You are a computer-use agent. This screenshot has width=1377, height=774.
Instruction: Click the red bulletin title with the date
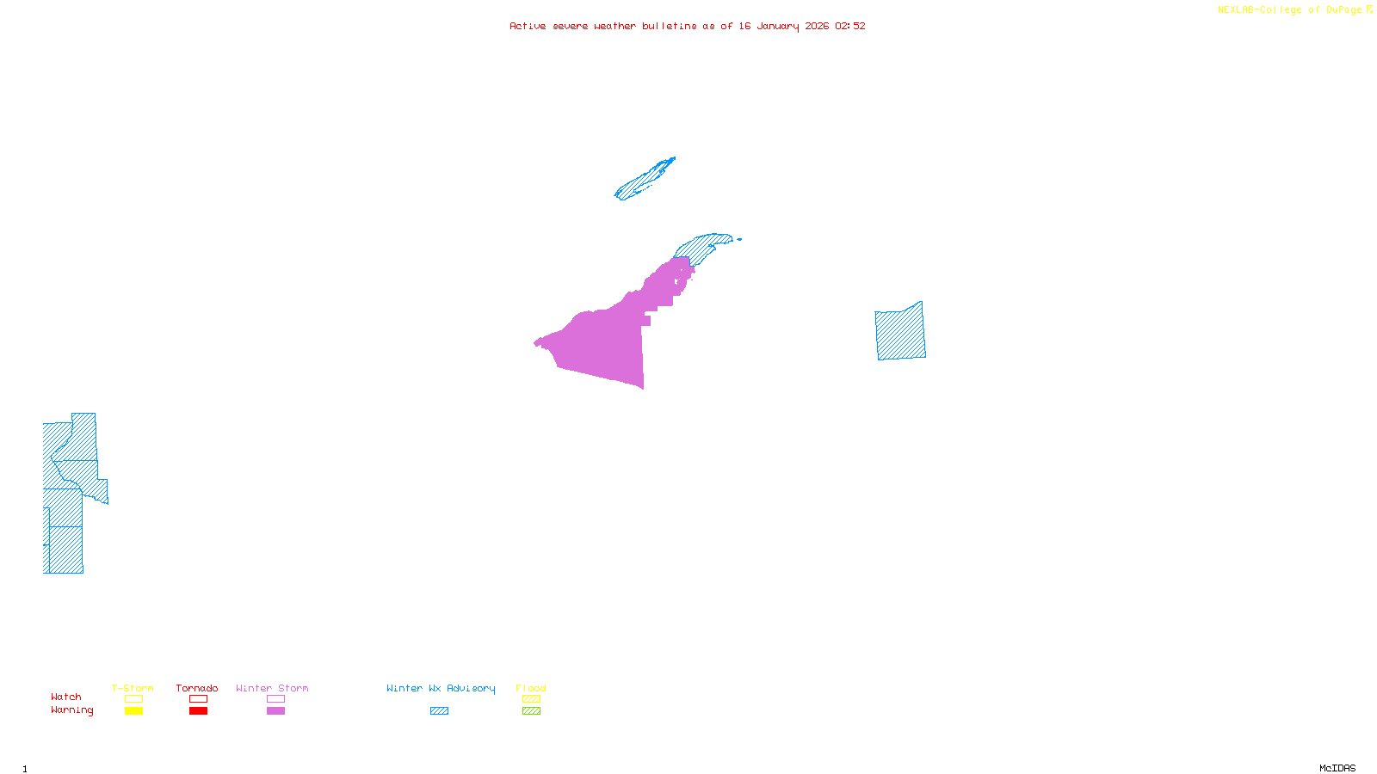(x=687, y=26)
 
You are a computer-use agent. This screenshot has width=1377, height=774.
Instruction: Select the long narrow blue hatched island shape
(x=644, y=179)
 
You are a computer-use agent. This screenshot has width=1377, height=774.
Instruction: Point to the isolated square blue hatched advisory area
(x=900, y=332)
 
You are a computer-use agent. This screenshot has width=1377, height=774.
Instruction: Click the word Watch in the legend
(x=66, y=697)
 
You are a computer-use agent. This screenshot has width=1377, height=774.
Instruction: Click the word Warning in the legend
(x=71, y=710)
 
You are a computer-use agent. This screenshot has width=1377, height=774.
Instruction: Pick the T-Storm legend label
(x=133, y=688)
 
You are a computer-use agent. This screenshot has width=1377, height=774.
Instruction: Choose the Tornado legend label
(x=197, y=688)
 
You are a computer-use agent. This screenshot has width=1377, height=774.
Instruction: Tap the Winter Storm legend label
(x=272, y=688)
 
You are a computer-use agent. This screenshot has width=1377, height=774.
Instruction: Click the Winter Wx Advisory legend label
(x=441, y=688)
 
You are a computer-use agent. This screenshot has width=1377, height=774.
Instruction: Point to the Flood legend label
(x=531, y=688)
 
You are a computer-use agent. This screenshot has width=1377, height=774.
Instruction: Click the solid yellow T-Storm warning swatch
(x=133, y=711)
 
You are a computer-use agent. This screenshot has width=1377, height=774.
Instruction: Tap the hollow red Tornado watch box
(x=198, y=699)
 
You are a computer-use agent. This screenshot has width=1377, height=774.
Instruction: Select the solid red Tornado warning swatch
(x=198, y=711)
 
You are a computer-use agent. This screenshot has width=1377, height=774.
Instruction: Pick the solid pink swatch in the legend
(x=275, y=711)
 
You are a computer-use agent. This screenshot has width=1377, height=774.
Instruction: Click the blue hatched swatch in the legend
(x=439, y=711)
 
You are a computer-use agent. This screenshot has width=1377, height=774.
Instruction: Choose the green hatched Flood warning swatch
(x=531, y=711)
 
